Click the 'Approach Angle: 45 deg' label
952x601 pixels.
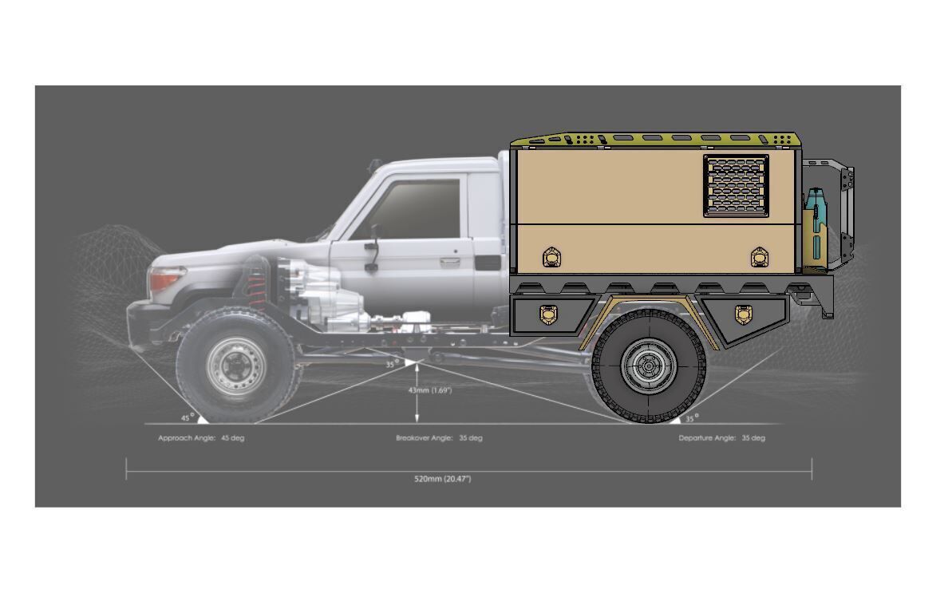[x=201, y=438]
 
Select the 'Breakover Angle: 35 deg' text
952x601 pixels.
[x=439, y=438]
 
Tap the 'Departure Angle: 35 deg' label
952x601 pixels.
[x=721, y=438]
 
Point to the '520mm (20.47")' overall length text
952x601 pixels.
[x=442, y=479]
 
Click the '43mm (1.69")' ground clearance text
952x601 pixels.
[x=431, y=390]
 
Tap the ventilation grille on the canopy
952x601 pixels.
[x=736, y=185]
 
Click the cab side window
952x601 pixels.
[x=420, y=208]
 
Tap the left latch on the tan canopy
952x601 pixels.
[x=551, y=257]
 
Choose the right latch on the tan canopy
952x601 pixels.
[x=759, y=257]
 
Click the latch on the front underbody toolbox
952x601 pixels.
[x=547, y=314]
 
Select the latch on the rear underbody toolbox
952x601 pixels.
[x=743, y=314]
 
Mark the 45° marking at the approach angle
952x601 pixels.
[x=186, y=417]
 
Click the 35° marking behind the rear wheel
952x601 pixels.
[x=691, y=417]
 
